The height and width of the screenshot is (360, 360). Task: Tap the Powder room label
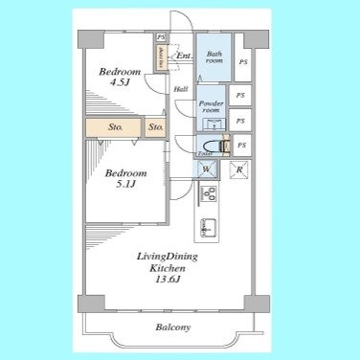click(x=210, y=105)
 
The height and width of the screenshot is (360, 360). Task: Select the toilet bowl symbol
click(x=223, y=146)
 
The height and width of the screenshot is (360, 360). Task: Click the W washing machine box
click(x=206, y=170)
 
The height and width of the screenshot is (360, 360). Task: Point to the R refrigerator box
click(x=239, y=170)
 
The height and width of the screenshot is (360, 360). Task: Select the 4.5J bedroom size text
click(x=122, y=84)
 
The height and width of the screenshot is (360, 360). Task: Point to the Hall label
click(x=180, y=91)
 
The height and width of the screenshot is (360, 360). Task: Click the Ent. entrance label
click(x=182, y=56)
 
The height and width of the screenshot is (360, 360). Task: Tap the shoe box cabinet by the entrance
click(x=163, y=55)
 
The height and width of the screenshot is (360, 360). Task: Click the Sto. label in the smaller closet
click(x=156, y=126)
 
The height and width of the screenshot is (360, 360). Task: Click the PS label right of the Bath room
click(x=242, y=63)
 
